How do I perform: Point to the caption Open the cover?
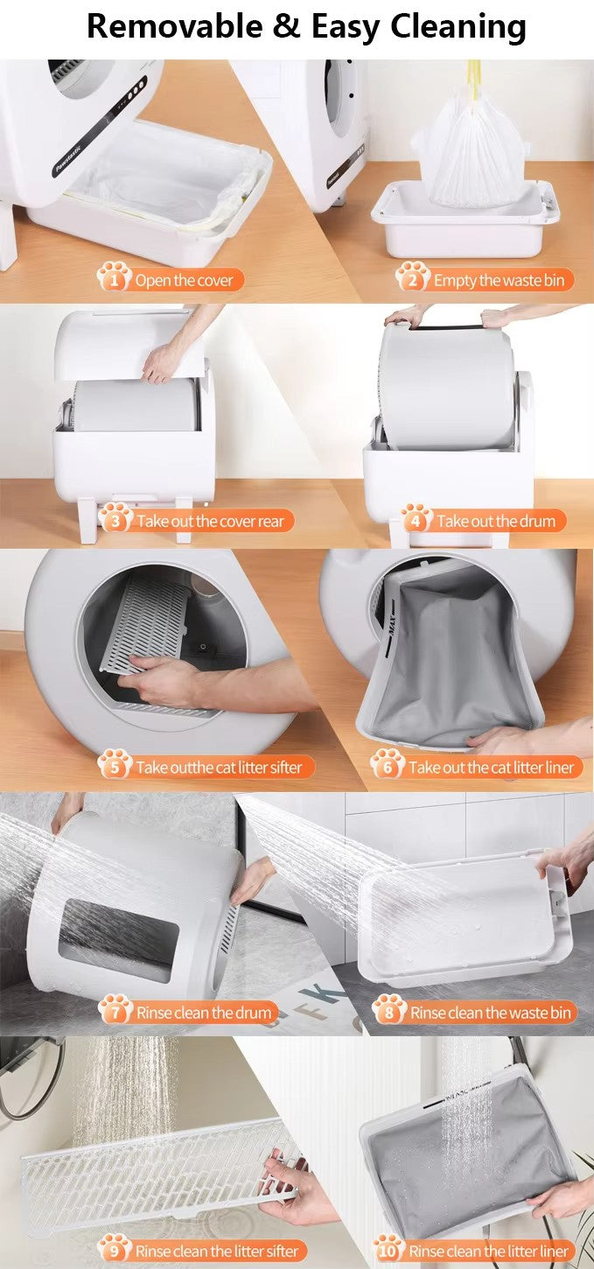[x=184, y=280]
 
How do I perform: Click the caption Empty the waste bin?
[x=499, y=280]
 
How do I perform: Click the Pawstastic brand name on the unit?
[x=68, y=160]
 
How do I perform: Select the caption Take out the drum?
[x=496, y=522]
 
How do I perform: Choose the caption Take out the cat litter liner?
[x=492, y=768]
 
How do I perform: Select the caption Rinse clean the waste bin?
[x=491, y=1013]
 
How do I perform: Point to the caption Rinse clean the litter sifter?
[x=216, y=1251]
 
